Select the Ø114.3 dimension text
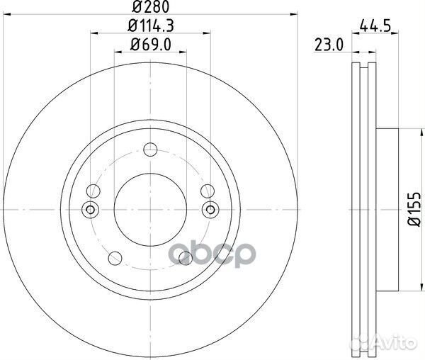(149, 28)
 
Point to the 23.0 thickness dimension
(329, 47)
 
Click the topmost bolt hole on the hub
(149, 150)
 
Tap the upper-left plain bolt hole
(93, 191)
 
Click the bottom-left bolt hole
(114, 257)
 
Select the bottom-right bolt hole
(185, 257)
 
